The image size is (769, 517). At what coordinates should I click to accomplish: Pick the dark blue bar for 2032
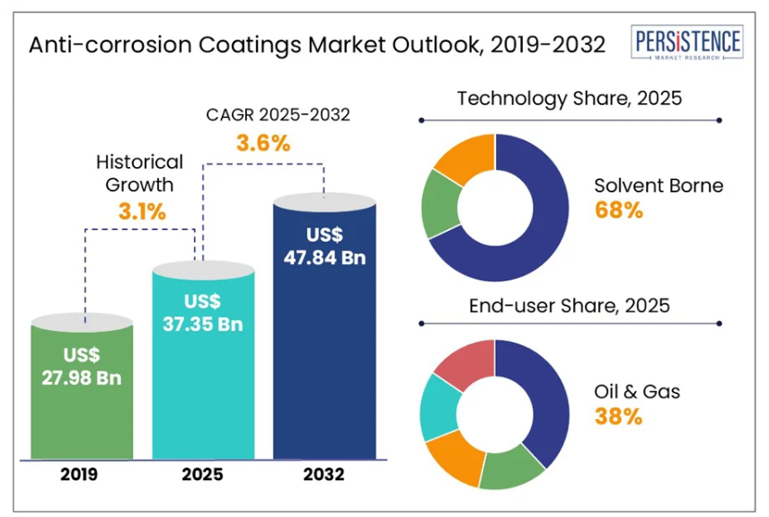click(323, 360)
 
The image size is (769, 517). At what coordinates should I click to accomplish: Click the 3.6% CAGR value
click(263, 142)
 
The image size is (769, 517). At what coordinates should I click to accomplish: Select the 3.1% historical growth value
click(142, 212)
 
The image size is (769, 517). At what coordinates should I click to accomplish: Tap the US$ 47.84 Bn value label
click(323, 245)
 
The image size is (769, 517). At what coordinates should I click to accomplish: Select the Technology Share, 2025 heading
click(570, 98)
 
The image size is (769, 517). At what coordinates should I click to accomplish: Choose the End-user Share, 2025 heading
click(570, 306)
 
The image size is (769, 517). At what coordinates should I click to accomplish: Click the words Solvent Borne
click(659, 185)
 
